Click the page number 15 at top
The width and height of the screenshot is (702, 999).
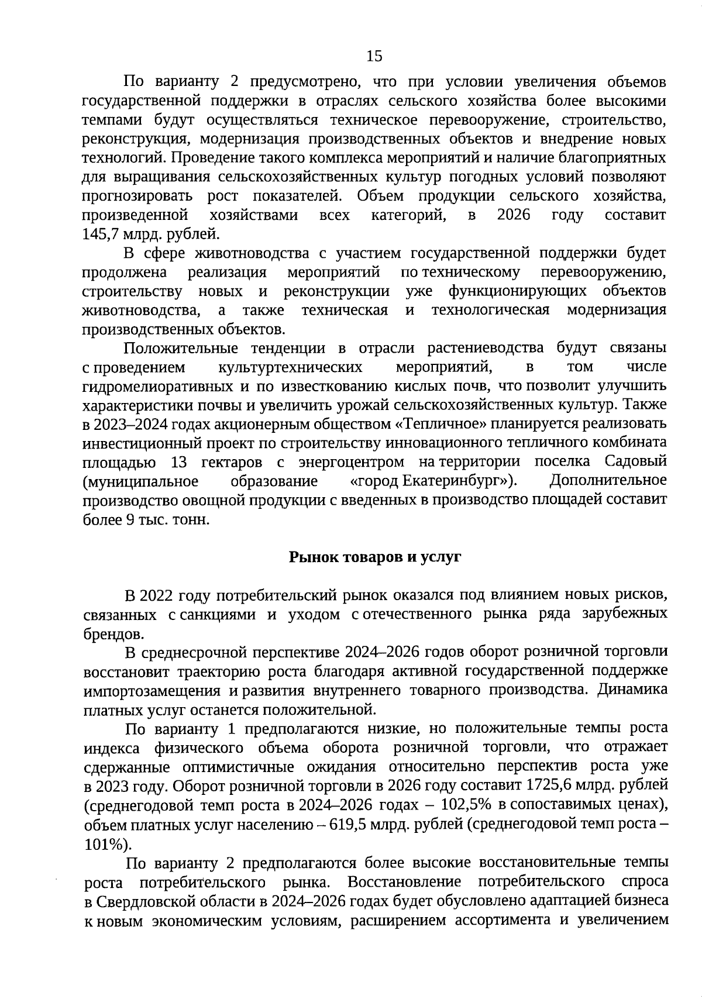click(x=374, y=56)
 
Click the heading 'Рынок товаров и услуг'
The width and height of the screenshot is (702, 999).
click(x=375, y=557)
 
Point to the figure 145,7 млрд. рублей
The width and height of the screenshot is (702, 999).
click(x=151, y=234)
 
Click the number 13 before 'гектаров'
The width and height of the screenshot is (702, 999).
click(x=179, y=462)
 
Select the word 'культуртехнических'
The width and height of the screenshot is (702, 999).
click(x=290, y=367)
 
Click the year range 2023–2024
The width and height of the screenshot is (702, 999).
click(x=125, y=423)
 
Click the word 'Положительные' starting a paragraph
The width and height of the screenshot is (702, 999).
click(x=181, y=349)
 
